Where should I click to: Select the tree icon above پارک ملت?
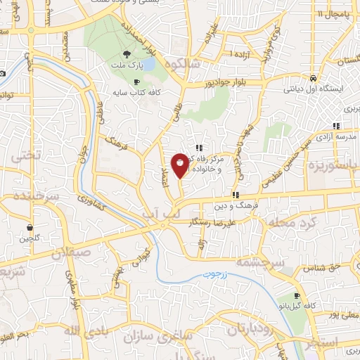tap(126, 53)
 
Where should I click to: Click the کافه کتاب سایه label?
tap(136, 91)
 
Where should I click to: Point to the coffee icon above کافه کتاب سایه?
tap(136, 81)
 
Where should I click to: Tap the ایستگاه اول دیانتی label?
tap(312, 89)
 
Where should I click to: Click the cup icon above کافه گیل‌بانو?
tap(297, 296)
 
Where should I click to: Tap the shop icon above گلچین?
tap(30, 228)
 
